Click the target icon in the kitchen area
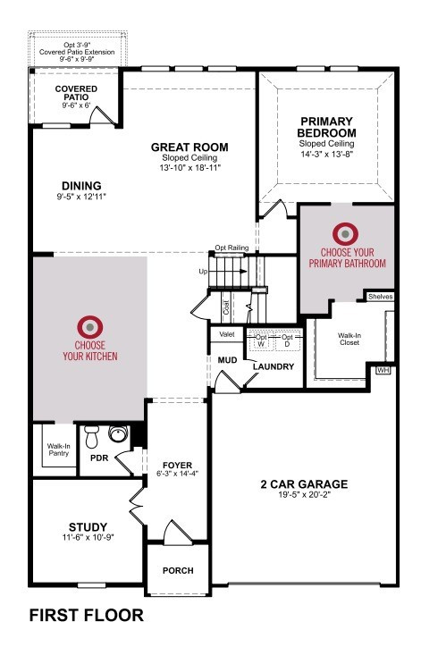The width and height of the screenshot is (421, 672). (89, 327)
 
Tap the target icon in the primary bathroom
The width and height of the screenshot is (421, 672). (346, 234)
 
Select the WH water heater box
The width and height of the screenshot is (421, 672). (383, 370)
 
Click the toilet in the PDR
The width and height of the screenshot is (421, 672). (92, 436)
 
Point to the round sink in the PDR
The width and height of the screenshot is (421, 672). (118, 433)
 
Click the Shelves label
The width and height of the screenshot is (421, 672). (380, 297)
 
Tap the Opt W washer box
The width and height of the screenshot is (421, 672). (261, 340)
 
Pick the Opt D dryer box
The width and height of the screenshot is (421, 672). (287, 340)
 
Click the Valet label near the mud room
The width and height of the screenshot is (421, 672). (227, 334)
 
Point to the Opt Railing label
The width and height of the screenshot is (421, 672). (232, 248)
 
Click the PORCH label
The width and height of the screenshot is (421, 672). (178, 571)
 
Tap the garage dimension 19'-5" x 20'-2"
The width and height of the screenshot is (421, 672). (304, 494)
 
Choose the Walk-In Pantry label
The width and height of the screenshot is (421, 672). (59, 449)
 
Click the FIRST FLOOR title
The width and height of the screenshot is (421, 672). (86, 616)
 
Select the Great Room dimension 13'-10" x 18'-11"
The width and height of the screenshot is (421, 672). (189, 168)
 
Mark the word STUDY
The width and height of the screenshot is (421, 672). (88, 526)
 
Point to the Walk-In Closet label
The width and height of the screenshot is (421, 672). (349, 339)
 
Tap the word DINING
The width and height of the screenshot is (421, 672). (81, 186)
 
